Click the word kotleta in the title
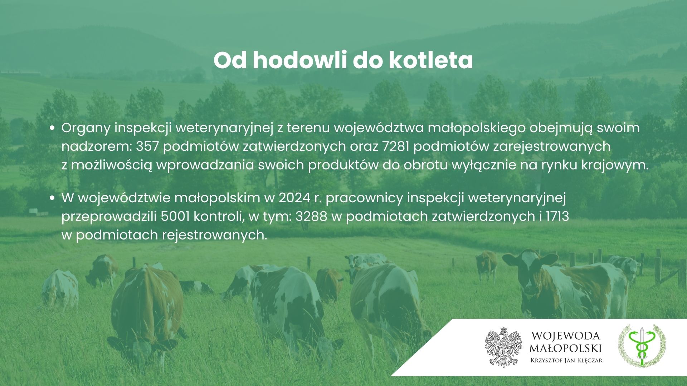click(430, 61)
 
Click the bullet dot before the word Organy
click(53, 128)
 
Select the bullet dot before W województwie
click(53, 198)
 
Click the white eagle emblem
click(503, 347)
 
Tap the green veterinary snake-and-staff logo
click(642, 346)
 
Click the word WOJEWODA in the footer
click(566, 336)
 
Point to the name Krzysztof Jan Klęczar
click(566, 360)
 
